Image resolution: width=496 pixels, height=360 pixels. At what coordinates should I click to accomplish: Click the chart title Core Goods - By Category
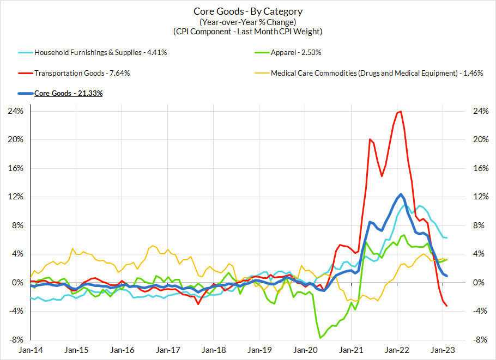[x=248, y=11]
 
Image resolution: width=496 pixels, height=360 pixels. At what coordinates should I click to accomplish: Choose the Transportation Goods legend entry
[x=82, y=73]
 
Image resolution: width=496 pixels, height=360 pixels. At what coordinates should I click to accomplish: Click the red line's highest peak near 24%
[x=401, y=112]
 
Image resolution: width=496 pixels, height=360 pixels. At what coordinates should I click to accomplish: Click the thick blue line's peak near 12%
[x=401, y=194]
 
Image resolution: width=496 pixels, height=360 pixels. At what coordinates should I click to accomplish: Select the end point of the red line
[x=447, y=306]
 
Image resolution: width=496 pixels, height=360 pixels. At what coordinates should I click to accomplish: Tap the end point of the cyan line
[x=447, y=237]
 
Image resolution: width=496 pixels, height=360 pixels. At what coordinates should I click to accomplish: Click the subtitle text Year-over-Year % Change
[x=248, y=22]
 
